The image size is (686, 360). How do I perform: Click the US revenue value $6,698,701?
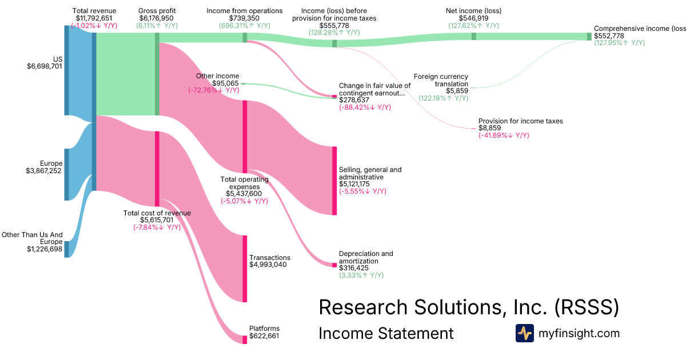click(45, 66)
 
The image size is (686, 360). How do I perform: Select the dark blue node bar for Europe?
click(66, 174)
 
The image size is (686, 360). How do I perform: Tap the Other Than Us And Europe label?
click(32, 238)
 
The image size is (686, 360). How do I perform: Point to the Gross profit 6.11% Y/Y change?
click(157, 26)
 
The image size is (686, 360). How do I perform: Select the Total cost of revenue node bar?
click(157, 169)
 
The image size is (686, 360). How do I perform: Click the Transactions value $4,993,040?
click(270, 265)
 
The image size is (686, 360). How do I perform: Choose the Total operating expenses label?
click(245, 183)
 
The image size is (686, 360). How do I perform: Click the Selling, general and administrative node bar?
click(334, 181)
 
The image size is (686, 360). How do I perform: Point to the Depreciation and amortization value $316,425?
click(354, 267)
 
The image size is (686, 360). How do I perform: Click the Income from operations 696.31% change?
click(245, 26)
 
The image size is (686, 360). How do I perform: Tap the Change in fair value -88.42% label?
click(365, 107)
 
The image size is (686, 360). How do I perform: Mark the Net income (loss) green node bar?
click(473, 36)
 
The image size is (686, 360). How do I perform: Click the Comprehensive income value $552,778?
click(609, 35)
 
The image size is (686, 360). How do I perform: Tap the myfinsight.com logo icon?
click(524, 333)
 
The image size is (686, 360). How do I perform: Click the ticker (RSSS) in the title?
click(587, 307)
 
